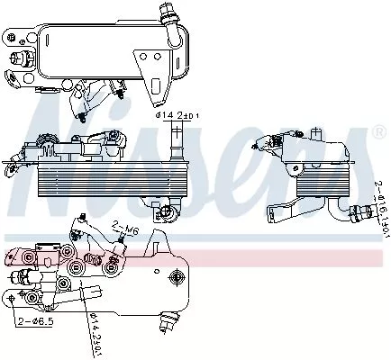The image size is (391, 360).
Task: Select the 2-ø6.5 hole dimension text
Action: (37, 320)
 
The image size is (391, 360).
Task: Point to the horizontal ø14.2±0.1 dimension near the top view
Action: (180, 115)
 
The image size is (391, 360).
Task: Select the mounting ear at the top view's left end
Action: (18, 38)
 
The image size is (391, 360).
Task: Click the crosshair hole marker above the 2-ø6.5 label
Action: (10, 294)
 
